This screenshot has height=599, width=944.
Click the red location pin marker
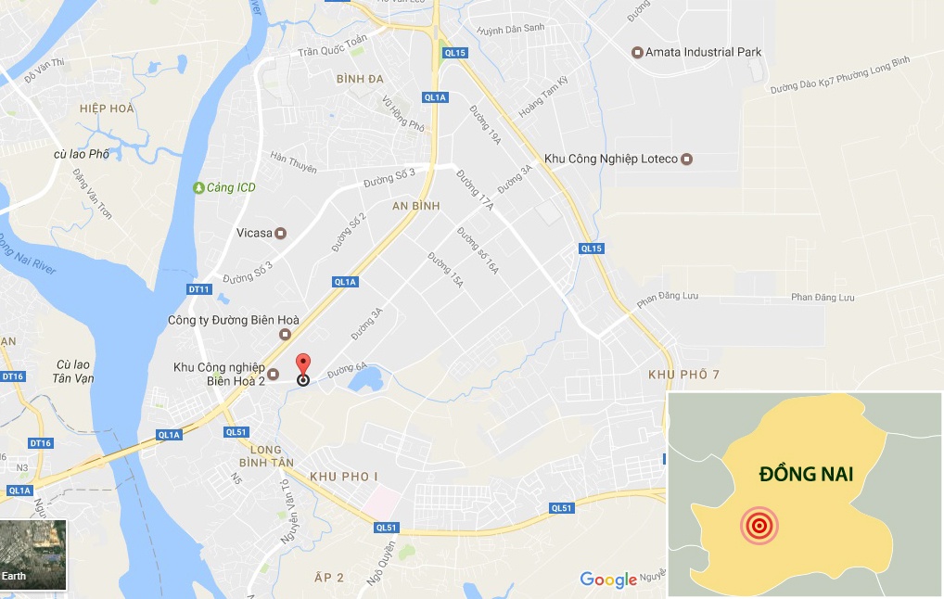point(302,363)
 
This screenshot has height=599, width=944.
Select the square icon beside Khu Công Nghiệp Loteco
point(686,159)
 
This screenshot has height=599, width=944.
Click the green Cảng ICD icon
point(198,187)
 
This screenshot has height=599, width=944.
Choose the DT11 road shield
point(199,289)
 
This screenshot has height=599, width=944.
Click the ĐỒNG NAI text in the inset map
point(805,475)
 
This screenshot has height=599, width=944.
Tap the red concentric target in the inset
point(759,526)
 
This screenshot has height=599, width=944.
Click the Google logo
point(608,580)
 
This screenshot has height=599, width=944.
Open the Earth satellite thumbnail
point(33,554)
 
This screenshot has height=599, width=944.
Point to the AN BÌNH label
point(415,205)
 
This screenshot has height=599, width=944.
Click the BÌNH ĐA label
point(360,79)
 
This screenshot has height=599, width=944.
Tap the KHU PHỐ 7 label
point(684,375)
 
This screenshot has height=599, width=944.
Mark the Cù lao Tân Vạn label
point(74,372)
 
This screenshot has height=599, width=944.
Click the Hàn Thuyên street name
point(293,162)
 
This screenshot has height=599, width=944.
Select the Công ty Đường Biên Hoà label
point(220,321)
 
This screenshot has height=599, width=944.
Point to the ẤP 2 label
point(328,578)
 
